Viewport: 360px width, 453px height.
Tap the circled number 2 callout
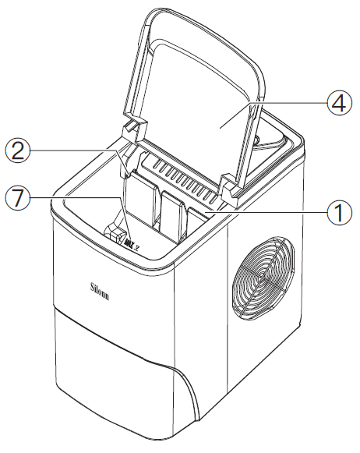18,150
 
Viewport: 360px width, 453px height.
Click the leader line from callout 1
273,210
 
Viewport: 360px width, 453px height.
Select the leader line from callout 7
78,197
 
